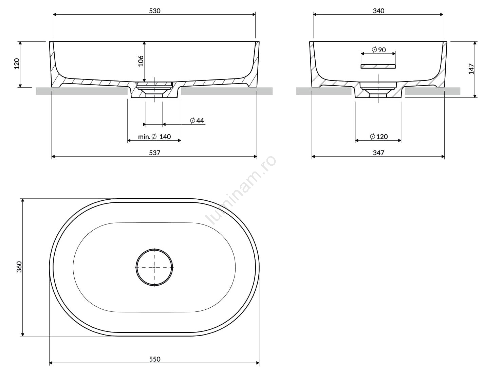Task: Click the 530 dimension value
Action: [154, 11]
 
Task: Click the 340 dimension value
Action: [378, 11]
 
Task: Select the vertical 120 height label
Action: [17, 64]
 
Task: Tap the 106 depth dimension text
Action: [141, 61]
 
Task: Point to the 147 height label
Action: [471, 69]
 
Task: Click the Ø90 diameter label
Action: [379, 50]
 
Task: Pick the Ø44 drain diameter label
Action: [197, 120]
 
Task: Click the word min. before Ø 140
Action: [144, 137]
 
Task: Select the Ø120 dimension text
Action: [379, 137]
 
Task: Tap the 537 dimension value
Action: [154, 152]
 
